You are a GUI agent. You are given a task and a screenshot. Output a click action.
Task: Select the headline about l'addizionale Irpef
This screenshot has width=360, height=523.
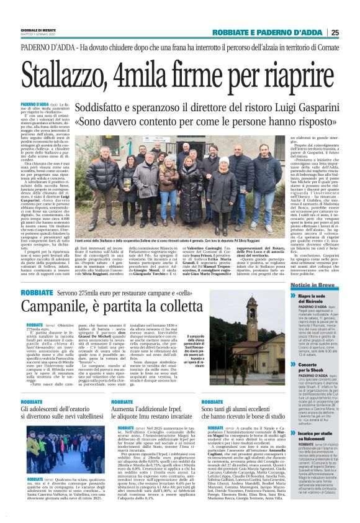click(155, 414)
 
